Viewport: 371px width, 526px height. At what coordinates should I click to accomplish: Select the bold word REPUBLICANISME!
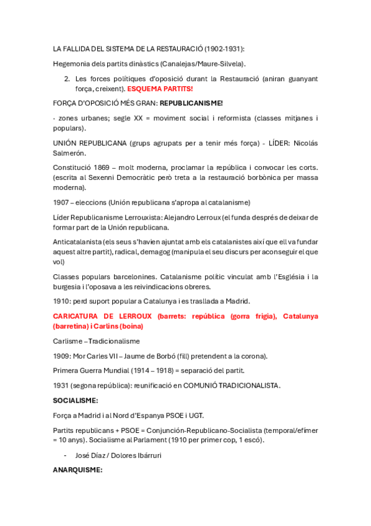click(191, 103)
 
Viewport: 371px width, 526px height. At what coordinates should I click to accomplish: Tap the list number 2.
click(67, 79)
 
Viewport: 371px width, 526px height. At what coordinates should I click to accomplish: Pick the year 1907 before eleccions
click(62, 202)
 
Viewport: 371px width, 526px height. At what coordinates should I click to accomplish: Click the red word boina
click(133, 326)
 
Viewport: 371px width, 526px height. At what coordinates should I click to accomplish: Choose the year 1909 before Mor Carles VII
click(62, 356)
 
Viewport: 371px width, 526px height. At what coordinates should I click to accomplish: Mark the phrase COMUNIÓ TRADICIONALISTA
click(229, 385)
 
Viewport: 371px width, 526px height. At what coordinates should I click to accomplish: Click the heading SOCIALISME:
click(76, 401)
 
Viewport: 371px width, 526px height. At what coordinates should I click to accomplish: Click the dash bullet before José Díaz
click(66, 455)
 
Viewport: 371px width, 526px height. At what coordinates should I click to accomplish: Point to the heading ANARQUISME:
click(77, 470)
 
